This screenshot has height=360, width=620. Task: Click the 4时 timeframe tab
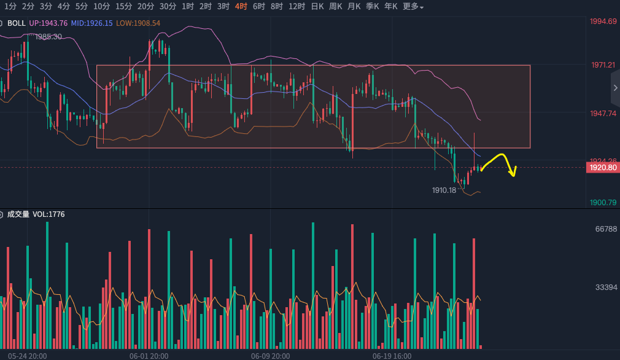241,6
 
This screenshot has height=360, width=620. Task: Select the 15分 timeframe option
123,6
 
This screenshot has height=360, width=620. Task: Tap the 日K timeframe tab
317,6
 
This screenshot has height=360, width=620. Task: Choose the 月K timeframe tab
354,6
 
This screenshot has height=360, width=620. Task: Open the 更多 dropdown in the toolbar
413,6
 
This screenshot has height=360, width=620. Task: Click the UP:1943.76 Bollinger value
48,23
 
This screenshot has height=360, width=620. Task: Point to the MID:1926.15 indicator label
91,23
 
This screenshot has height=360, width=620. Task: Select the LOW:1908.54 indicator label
138,23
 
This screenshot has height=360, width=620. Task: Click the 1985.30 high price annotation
48,37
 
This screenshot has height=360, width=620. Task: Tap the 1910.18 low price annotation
444,190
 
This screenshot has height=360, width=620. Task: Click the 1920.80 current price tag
602,167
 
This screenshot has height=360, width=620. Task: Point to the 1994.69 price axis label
603,22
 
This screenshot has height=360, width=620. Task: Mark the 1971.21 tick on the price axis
603,65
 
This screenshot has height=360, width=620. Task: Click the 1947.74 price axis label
603,114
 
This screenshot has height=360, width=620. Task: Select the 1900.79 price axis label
603,203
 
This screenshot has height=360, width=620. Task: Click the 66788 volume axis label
605,229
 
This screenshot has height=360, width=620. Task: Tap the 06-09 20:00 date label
270,356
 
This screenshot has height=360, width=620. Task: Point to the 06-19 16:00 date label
392,356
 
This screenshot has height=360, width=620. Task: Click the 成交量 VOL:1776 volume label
36,214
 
